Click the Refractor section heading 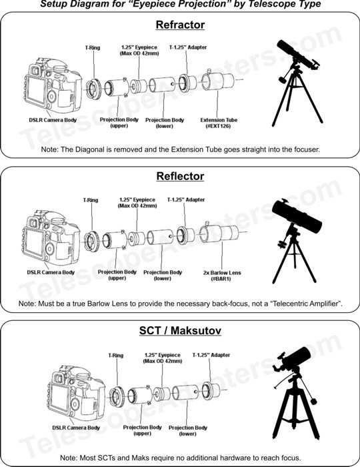point(180,25)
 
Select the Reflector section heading point(180,176)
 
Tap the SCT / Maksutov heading point(180,331)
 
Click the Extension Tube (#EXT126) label point(219,123)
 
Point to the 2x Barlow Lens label point(221,276)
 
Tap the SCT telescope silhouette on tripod point(295,393)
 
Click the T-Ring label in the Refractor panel point(93,47)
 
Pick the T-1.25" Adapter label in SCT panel point(211,355)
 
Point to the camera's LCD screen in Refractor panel point(36,89)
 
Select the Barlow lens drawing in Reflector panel point(219,233)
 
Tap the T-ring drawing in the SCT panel point(116,396)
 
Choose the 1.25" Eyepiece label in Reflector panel point(137,203)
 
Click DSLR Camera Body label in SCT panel point(76,428)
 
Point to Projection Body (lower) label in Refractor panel point(165,123)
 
